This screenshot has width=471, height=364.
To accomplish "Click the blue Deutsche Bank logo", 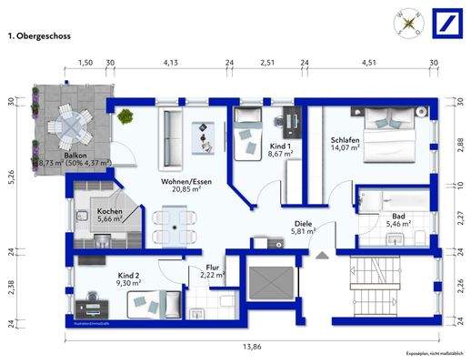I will click(446, 23).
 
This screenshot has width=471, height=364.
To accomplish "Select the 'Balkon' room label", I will click(75, 156).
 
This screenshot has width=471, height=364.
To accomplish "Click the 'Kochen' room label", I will click(110, 212).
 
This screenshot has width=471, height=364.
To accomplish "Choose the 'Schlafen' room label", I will click(346, 141).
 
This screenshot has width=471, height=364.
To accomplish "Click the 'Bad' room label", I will click(397, 216).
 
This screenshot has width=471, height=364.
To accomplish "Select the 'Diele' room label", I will click(303, 224).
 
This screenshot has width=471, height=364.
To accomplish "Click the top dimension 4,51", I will click(368, 64).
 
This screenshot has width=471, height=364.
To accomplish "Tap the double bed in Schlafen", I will click(389, 133).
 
